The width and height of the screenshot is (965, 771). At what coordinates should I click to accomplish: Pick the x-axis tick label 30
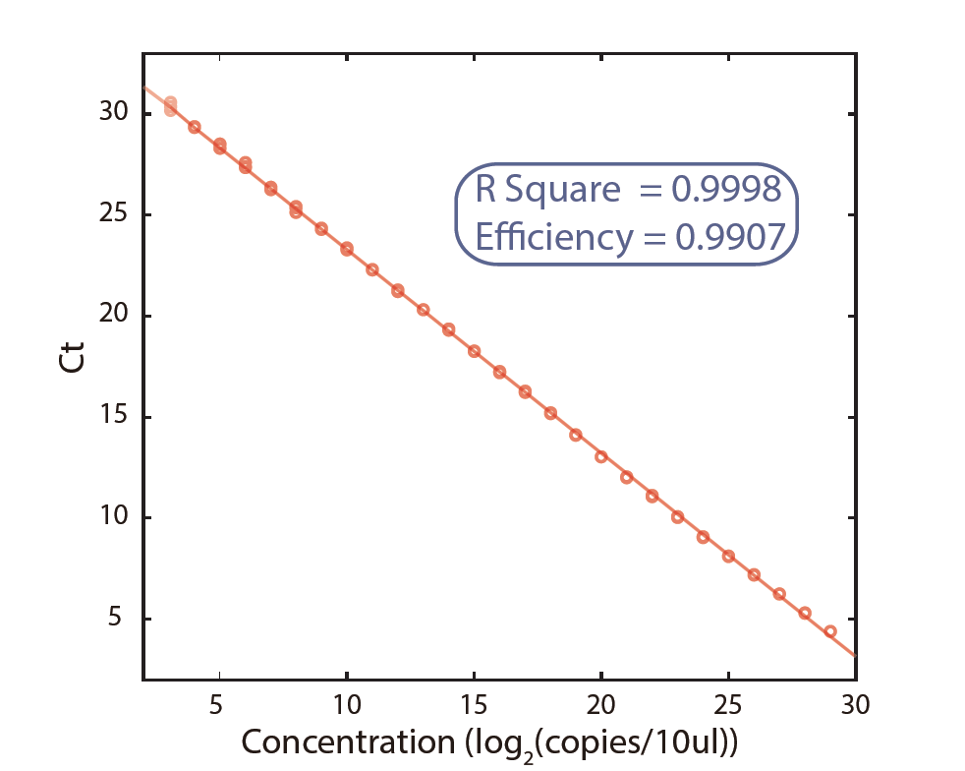tap(856, 706)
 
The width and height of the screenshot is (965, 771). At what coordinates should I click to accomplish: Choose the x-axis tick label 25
tap(728, 706)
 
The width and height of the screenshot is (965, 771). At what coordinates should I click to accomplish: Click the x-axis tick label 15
tap(474, 706)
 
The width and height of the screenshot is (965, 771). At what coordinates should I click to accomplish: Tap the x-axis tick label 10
tap(347, 706)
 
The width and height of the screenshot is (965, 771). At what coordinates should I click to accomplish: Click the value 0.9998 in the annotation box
tap(726, 190)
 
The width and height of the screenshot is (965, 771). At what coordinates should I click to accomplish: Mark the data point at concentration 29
tap(830, 631)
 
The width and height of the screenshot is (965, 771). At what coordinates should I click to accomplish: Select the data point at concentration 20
tap(601, 456)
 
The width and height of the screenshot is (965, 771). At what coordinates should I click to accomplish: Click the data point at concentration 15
tap(474, 351)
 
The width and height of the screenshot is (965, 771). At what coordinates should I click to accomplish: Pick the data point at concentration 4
tap(195, 127)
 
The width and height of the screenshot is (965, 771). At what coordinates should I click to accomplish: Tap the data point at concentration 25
tap(728, 556)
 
